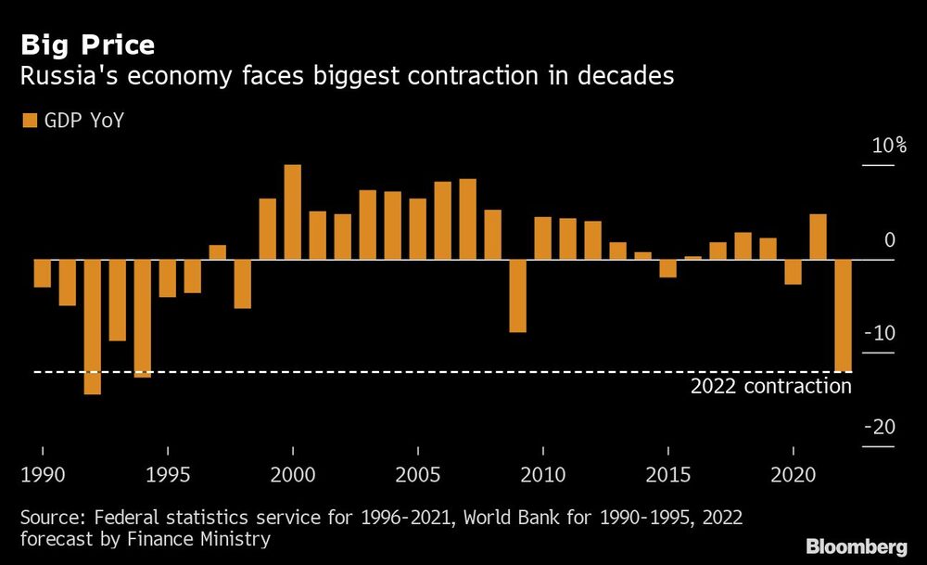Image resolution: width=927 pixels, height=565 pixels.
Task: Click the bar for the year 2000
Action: click(293, 212)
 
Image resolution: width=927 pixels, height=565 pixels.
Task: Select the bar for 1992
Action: click(93, 327)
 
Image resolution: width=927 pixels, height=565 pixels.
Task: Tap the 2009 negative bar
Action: click(517, 296)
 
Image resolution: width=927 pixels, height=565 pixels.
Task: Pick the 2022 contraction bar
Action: click(843, 315)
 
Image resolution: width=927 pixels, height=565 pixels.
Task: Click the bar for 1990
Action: click(43, 274)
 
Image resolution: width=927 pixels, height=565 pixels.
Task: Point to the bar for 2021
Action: click(818, 237)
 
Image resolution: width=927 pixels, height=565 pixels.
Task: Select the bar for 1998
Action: click(243, 284)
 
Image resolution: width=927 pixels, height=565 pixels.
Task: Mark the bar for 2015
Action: click(667, 268)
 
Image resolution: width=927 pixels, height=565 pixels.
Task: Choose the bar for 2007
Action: click(468, 219)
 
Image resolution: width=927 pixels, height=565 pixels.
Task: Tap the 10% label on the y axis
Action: click(888, 146)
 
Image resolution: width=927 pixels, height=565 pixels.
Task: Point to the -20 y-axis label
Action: click(880, 427)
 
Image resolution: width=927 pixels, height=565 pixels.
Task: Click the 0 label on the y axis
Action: click(890, 240)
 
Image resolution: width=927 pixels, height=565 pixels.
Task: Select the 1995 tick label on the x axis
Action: click(167, 475)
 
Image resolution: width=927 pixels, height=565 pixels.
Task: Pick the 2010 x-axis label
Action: click(542, 475)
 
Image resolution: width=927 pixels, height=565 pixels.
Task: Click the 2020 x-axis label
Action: click(794, 475)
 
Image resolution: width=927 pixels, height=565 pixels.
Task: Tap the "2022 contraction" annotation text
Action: click(770, 386)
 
